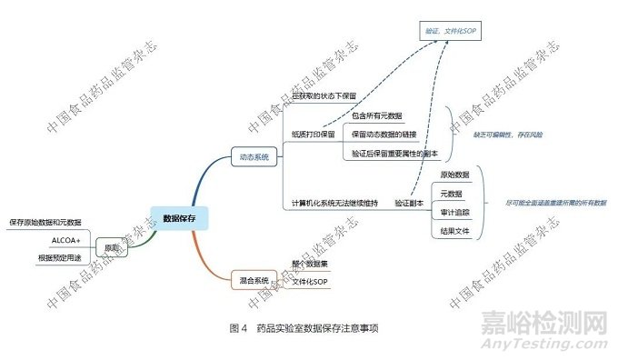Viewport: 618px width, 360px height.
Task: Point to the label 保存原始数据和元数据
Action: pyautogui.click(x=45, y=222)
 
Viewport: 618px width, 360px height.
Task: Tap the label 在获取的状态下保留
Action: pyautogui.click(x=324, y=95)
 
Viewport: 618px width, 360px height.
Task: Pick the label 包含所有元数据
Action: pyautogui.click(x=377, y=116)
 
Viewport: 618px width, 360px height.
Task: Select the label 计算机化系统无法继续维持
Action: pyautogui.click(x=334, y=203)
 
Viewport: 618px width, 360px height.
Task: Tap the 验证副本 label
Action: pyautogui.click(x=409, y=203)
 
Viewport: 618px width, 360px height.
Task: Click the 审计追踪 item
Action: pyautogui.click(x=455, y=212)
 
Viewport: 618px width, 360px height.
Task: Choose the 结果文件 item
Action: pyautogui.click(x=455, y=232)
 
